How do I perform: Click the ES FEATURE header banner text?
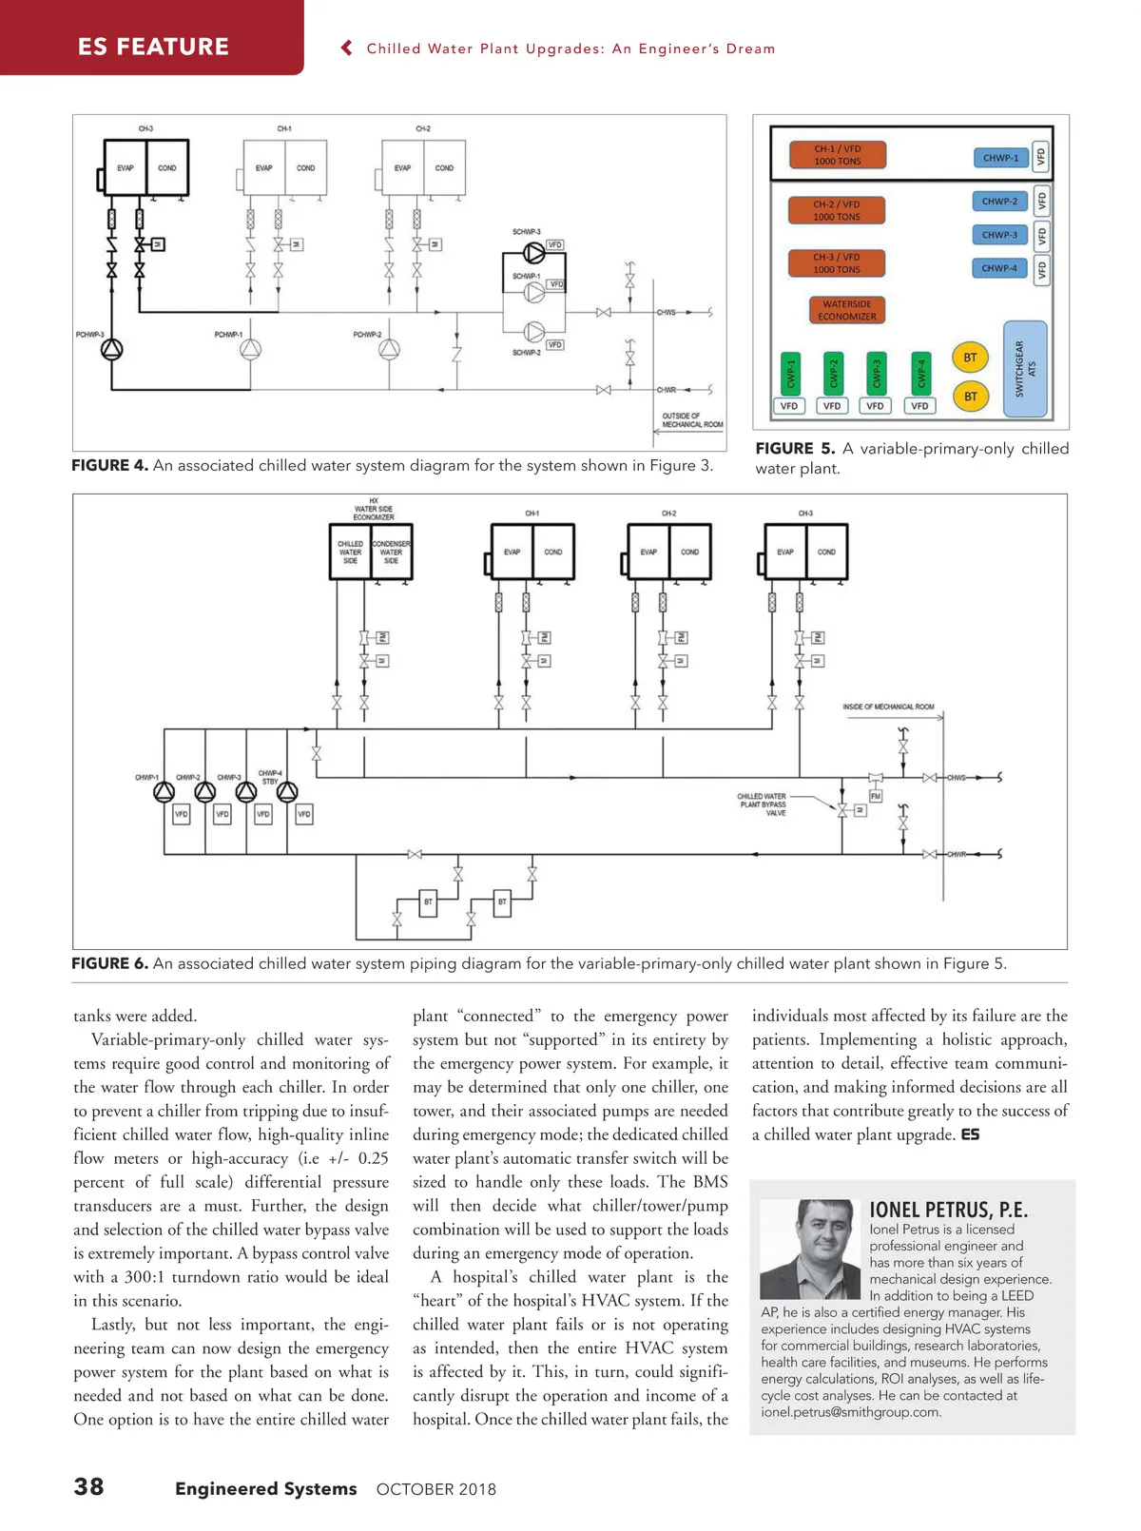pyautogui.click(x=153, y=47)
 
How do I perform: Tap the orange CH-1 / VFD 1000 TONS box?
pyautogui.click(x=837, y=155)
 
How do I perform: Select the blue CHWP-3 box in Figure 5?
pyautogui.click(x=999, y=235)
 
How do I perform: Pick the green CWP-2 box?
pyautogui.click(x=834, y=373)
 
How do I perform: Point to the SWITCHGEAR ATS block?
pyautogui.click(x=1025, y=369)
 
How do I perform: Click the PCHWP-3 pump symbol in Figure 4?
pyautogui.click(x=112, y=349)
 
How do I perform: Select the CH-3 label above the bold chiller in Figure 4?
pyautogui.click(x=145, y=128)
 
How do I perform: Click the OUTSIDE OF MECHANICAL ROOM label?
pyautogui.click(x=691, y=419)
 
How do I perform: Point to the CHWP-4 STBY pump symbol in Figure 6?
pyautogui.click(x=287, y=791)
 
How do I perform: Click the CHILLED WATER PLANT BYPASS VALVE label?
pyautogui.click(x=762, y=804)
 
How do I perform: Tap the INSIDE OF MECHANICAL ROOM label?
pyautogui.click(x=888, y=707)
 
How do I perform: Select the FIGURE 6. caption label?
pyautogui.click(x=109, y=963)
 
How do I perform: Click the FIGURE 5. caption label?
pyautogui.click(x=795, y=449)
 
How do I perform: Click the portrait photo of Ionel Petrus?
pyautogui.click(x=811, y=1249)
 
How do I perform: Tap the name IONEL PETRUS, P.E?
pyautogui.click(x=948, y=1210)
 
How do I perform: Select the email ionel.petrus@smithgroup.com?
pyautogui.click(x=851, y=1412)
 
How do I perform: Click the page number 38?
pyautogui.click(x=89, y=1486)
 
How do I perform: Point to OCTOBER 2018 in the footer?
pyautogui.click(x=435, y=1489)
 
